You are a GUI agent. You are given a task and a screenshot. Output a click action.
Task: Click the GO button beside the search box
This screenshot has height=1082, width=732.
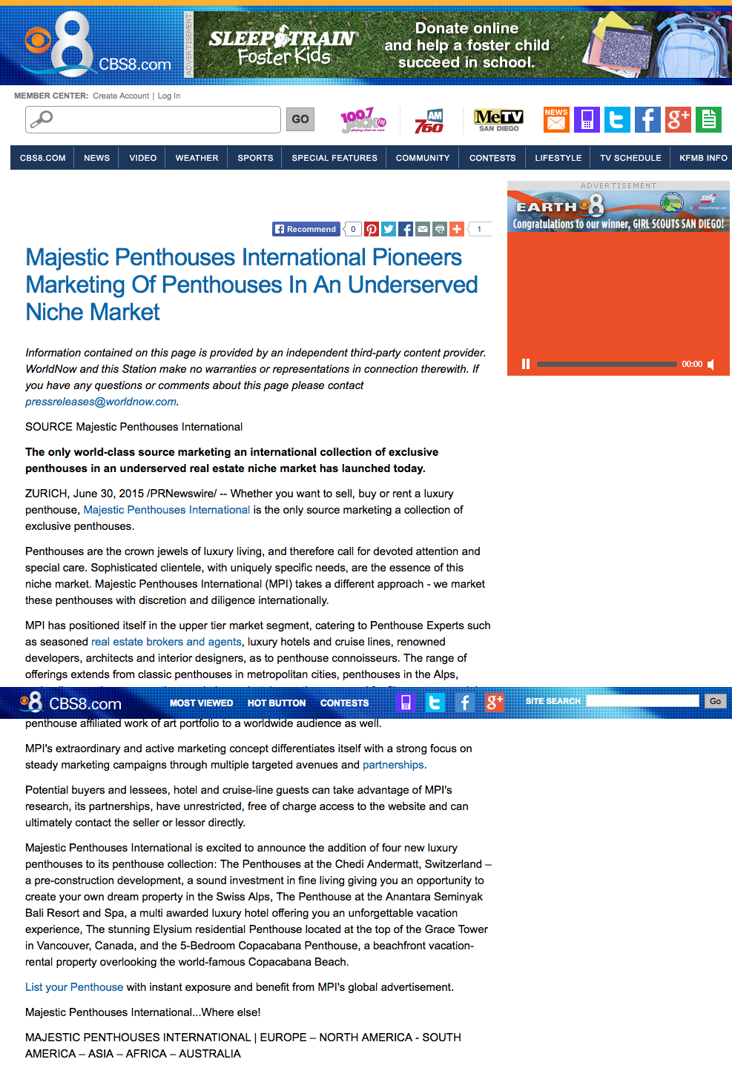click(x=300, y=119)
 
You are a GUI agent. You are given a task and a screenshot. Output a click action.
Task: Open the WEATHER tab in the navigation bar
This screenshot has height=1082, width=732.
click(x=197, y=158)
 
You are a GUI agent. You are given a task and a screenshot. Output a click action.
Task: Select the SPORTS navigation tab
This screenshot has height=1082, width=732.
click(x=255, y=158)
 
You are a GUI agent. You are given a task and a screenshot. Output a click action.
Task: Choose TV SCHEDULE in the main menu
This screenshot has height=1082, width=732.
click(x=630, y=158)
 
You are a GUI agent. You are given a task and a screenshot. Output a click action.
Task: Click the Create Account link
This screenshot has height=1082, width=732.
click(x=121, y=96)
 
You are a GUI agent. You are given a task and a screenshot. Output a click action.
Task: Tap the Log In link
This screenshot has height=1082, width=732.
click(x=169, y=96)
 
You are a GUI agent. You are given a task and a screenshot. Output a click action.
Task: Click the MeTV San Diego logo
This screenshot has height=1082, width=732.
click(x=498, y=119)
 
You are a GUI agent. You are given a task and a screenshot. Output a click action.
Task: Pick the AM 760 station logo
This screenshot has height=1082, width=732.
click(x=429, y=121)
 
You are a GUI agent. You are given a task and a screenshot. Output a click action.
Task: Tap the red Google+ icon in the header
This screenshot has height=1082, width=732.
click(x=678, y=119)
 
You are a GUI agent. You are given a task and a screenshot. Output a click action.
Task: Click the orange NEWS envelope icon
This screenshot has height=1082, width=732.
click(x=556, y=119)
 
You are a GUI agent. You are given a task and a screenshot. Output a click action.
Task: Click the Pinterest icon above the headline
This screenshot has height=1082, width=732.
click(x=372, y=229)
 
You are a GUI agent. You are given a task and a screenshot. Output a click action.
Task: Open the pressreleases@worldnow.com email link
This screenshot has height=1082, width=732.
click(x=101, y=402)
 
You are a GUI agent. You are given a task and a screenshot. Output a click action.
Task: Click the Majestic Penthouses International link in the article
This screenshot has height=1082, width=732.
click(x=166, y=510)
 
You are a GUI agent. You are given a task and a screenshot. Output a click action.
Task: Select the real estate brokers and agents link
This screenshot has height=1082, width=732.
click(x=166, y=642)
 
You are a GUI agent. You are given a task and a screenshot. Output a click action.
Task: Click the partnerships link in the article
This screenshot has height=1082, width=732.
click(x=393, y=765)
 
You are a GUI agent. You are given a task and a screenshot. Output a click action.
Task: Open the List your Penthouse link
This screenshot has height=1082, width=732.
click(x=74, y=987)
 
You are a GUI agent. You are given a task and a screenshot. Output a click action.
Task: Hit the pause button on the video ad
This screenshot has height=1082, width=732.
click(x=526, y=364)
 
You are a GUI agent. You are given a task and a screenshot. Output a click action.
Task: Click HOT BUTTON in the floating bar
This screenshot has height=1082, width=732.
click(x=277, y=703)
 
